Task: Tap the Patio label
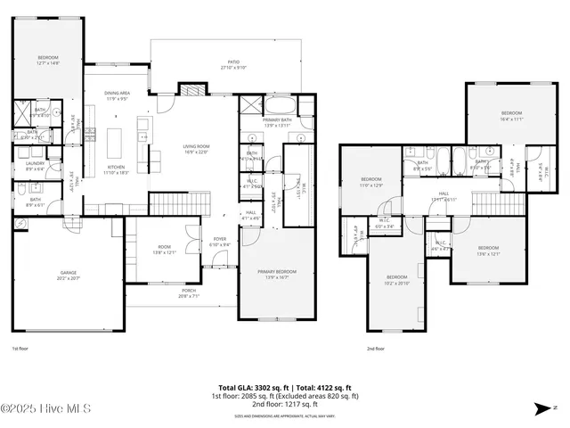232,64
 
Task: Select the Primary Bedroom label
278,274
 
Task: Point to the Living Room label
196,149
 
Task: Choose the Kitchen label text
117,169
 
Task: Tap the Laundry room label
35,166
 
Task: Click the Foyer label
219,242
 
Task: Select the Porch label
189,293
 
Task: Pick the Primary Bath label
277,122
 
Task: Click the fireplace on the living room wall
192,90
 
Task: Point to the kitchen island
115,143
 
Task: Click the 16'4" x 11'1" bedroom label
511,115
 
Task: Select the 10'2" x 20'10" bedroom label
396,279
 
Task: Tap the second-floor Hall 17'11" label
444,197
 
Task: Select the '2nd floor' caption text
376,350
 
